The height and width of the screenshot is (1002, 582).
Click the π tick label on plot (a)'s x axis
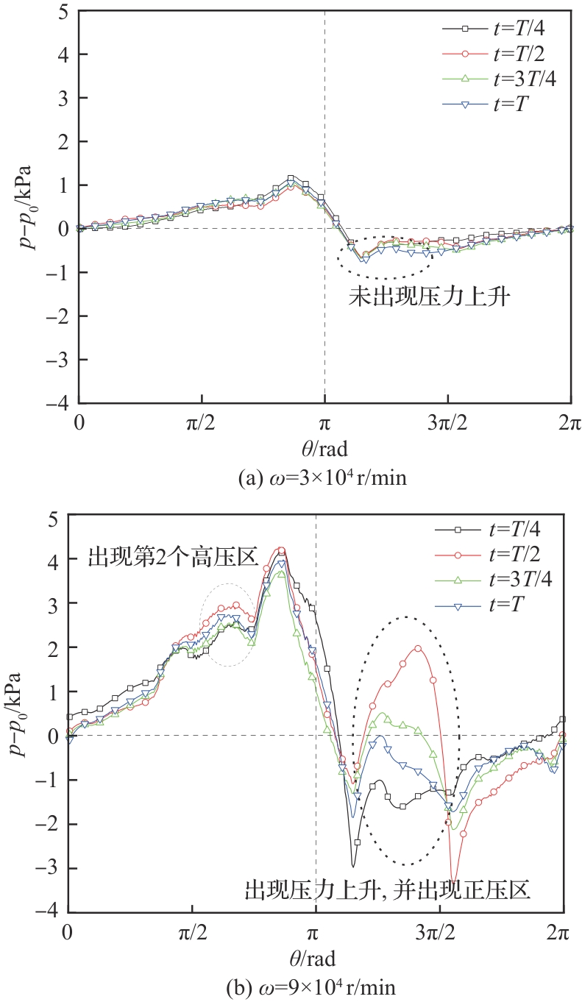pos(324,425)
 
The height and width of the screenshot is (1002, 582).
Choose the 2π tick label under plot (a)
pos(570,425)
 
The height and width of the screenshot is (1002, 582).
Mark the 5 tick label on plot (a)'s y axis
pos(63,12)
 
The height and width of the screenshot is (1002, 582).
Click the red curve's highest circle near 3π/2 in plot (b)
pos(418,648)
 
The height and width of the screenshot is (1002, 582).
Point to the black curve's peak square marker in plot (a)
pos(291,178)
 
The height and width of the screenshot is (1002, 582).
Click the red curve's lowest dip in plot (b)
pos(455,878)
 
